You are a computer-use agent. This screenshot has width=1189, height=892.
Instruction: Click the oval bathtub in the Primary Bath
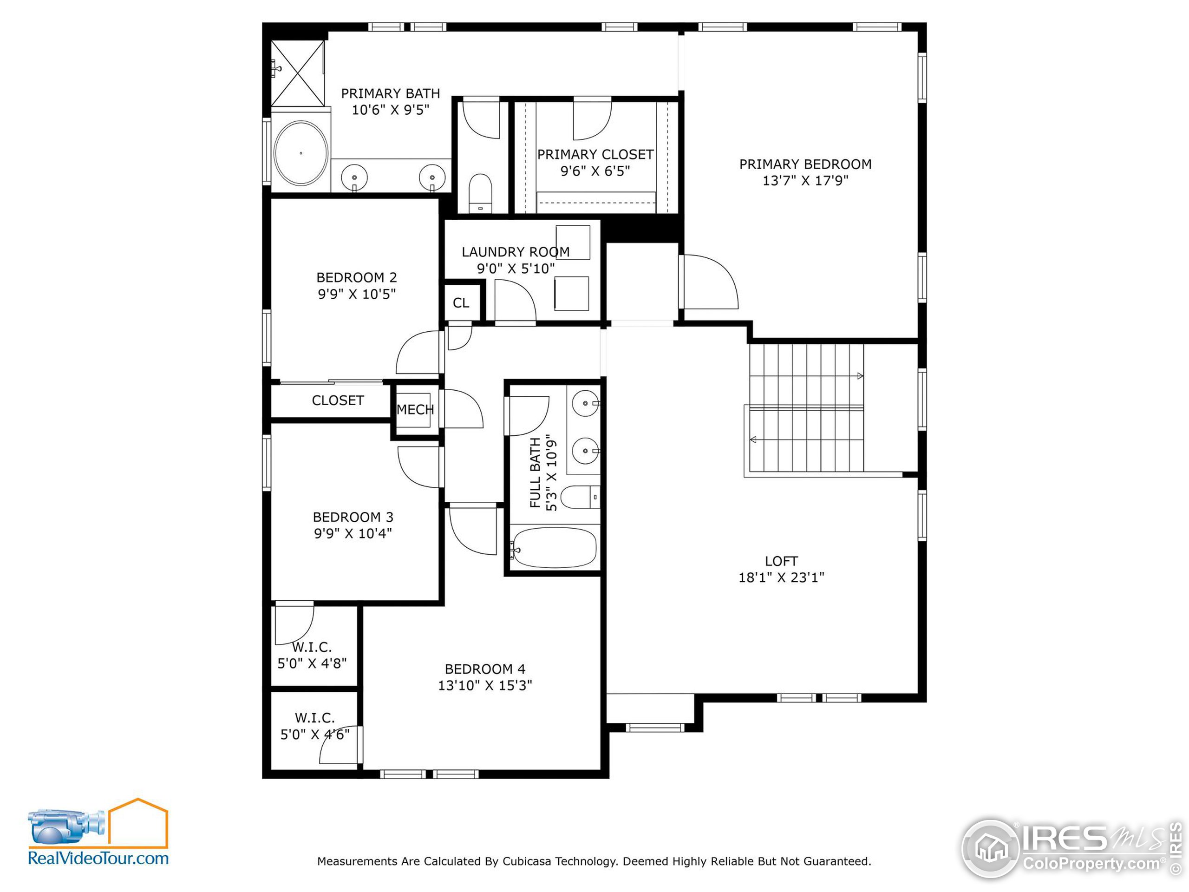[301, 153]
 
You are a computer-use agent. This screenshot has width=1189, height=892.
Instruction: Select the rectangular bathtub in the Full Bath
[554, 547]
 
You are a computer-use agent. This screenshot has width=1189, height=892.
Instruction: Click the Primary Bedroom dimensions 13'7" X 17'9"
[805, 181]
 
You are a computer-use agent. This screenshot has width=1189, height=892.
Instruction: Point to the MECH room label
[415, 410]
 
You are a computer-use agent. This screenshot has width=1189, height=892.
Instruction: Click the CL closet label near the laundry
[461, 303]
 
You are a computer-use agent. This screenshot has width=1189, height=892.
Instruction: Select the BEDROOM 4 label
[484, 669]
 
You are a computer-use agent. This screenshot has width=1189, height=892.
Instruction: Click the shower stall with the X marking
[297, 74]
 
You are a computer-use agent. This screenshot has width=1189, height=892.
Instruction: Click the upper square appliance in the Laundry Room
[573, 243]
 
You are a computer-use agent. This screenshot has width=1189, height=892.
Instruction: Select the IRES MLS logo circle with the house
[990, 848]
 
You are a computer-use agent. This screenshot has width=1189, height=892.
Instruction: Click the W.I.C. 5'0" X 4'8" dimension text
[312, 663]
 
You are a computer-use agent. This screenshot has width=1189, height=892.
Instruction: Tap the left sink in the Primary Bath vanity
[354, 177]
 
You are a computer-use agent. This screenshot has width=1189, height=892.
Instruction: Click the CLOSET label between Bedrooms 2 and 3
[338, 400]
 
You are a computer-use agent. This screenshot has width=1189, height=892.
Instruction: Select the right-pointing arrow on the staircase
[860, 376]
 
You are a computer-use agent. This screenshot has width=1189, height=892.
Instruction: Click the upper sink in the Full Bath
[585, 403]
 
